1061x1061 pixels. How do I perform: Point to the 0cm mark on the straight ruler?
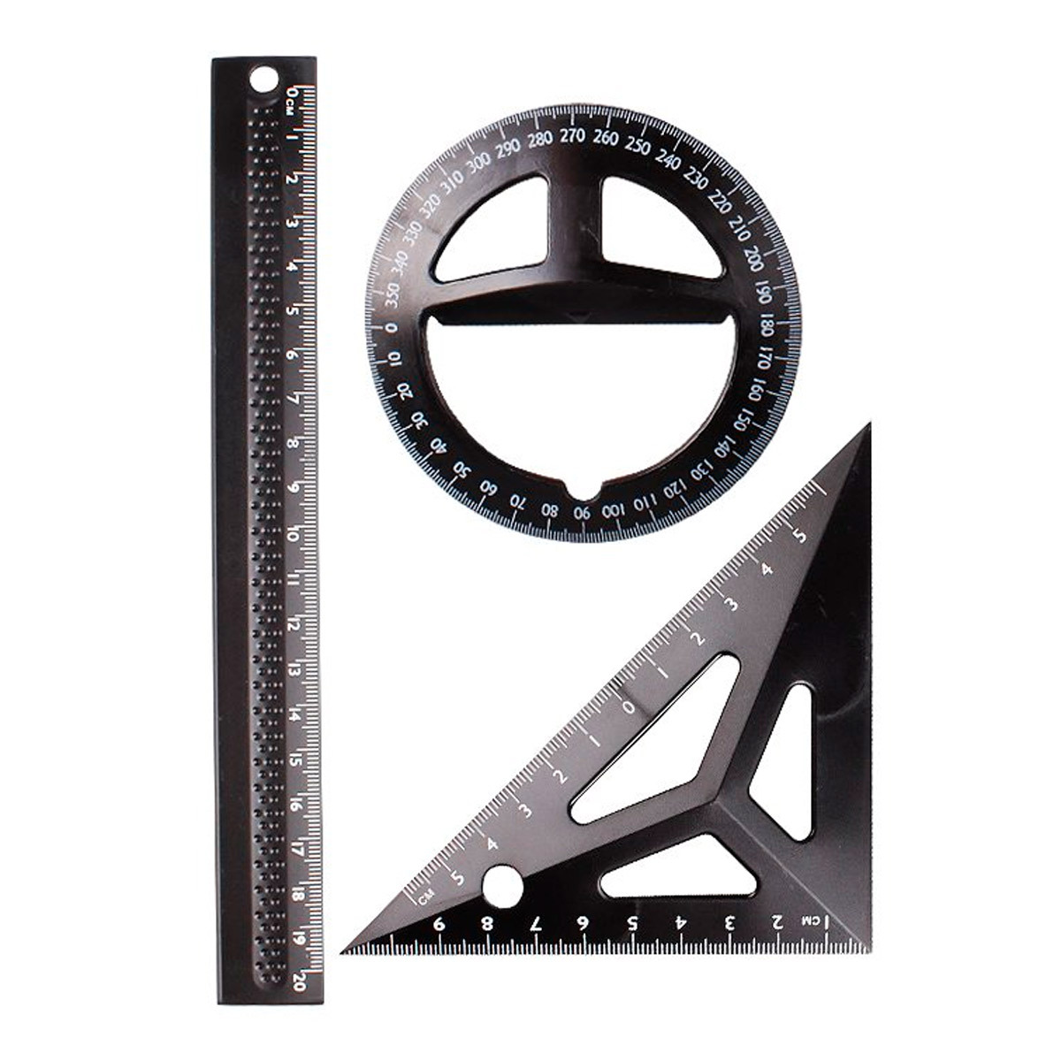pos(291,99)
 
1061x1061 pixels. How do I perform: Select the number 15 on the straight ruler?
pos(295,760)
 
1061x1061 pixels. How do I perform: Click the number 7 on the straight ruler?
pos(294,399)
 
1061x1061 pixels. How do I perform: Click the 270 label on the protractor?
pos(573,135)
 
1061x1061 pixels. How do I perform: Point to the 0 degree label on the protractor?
pos(392,328)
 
